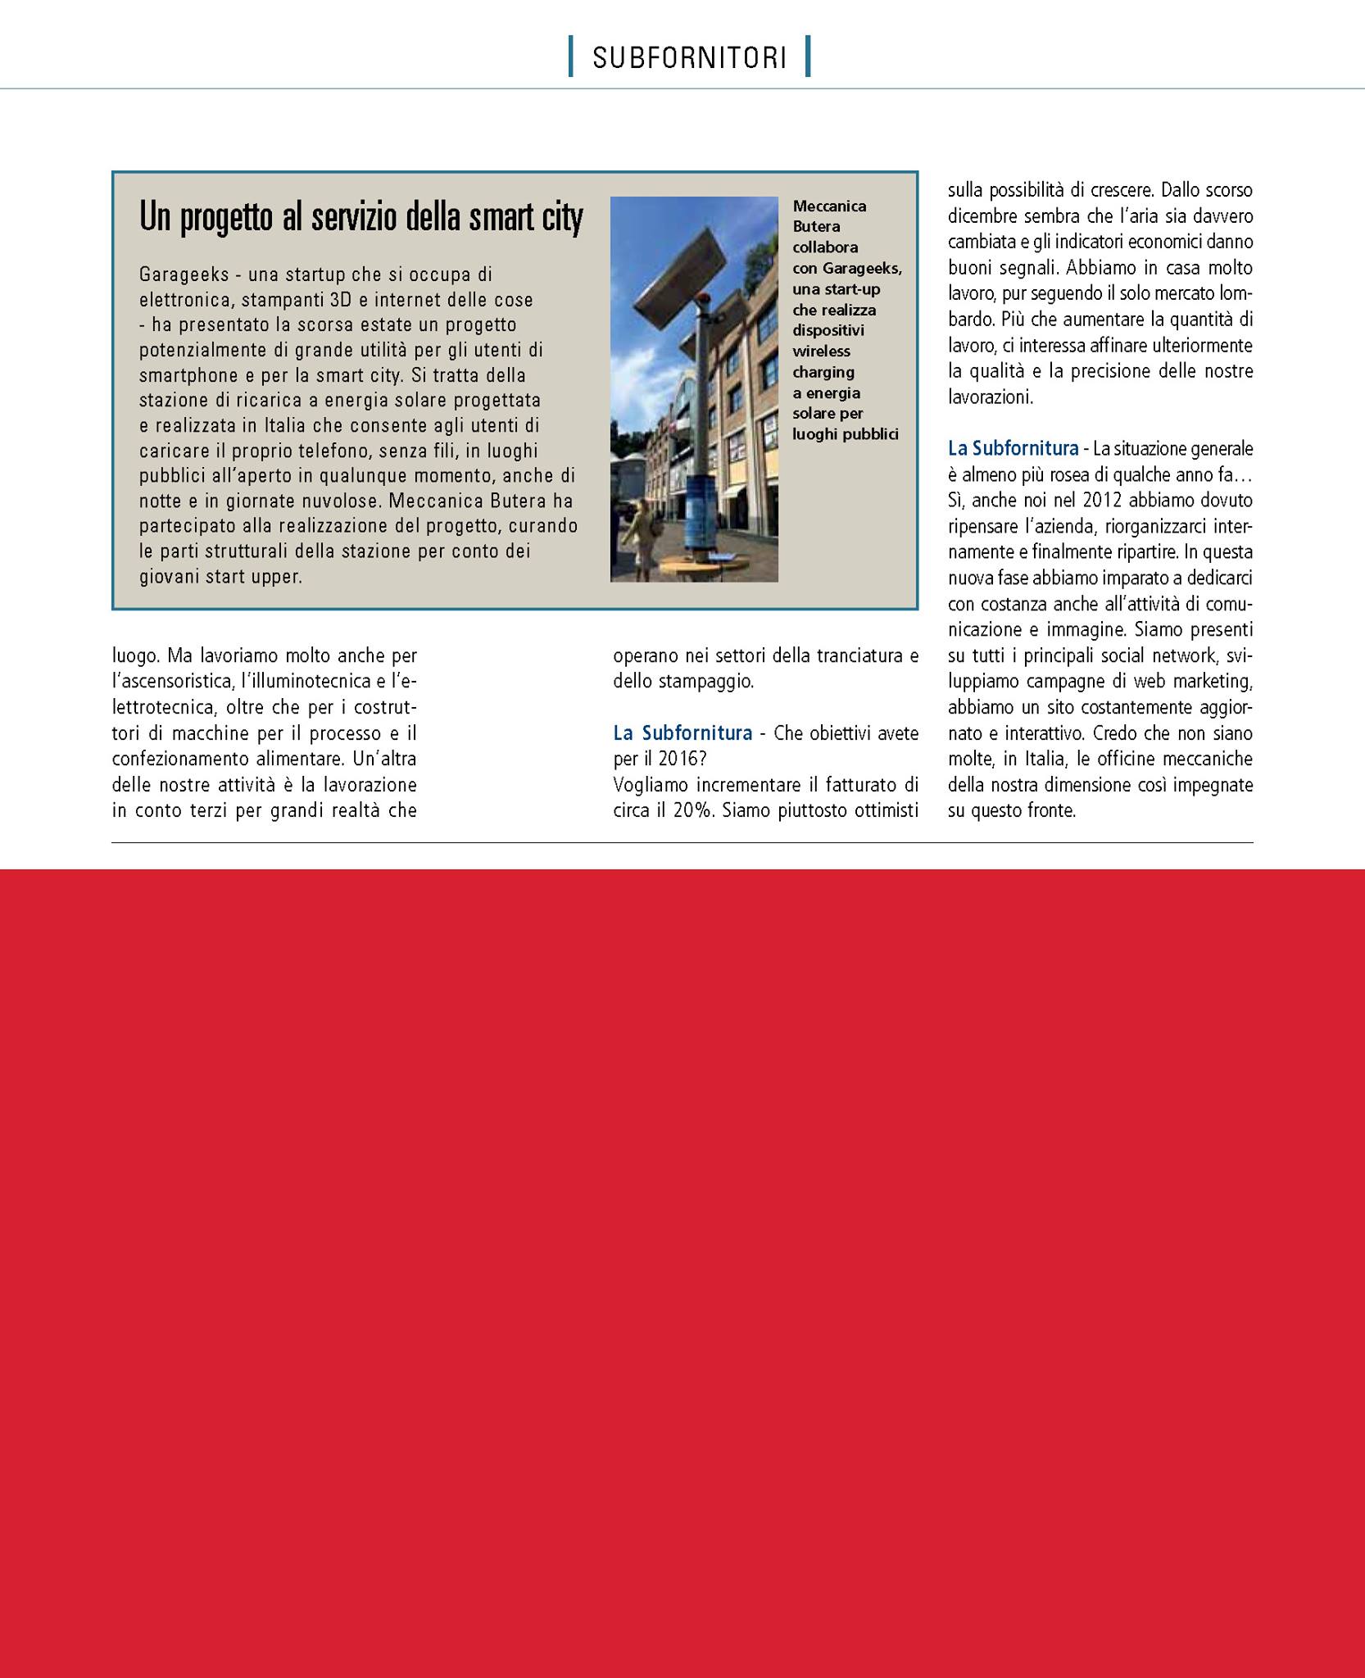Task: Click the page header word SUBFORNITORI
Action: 689,58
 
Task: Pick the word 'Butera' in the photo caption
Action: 816,226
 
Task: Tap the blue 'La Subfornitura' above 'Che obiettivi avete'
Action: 682,733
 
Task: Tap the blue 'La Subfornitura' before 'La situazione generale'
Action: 1013,448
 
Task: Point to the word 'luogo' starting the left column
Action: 135,655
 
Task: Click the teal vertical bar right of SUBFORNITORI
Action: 808,57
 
